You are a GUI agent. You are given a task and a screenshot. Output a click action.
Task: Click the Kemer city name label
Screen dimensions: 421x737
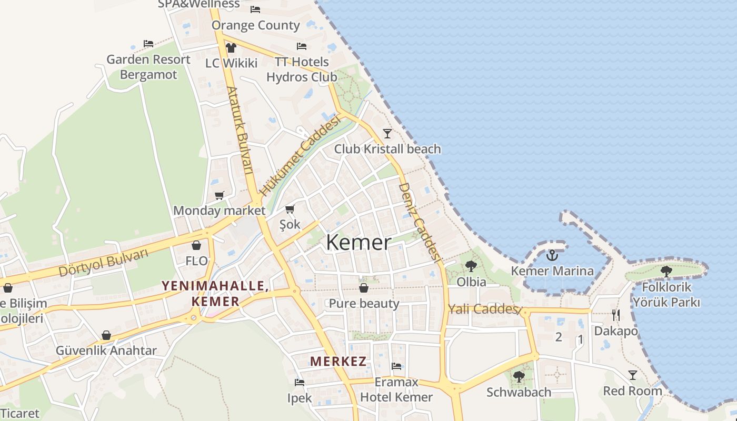click(358, 243)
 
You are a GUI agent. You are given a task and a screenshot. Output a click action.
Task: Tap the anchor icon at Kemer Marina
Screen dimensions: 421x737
click(552, 256)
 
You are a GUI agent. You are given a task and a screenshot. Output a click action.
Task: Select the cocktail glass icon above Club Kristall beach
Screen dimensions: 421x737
click(387, 133)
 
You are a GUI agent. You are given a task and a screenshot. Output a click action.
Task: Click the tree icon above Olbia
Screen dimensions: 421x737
click(471, 266)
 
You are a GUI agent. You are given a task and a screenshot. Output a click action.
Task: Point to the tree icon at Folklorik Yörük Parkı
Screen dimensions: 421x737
click(666, 272)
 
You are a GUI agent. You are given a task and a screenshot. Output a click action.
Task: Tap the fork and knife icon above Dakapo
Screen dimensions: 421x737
click(616, 315)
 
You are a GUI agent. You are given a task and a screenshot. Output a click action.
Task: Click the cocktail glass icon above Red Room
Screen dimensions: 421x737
click(633, 375)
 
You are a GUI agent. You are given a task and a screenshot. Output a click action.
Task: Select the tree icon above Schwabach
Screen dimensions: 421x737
click(519, 376)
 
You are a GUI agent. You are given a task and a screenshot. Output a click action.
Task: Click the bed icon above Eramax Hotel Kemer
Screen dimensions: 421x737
click(396, 366)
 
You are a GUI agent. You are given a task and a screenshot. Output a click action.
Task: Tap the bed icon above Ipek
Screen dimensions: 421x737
click(300, 383)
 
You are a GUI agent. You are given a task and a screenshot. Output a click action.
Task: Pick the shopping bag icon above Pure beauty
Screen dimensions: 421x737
click(364, 288)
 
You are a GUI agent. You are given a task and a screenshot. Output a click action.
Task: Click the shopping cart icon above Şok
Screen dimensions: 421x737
click(290, 209)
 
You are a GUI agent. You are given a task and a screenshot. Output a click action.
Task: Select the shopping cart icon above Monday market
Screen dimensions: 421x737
click(220, 195)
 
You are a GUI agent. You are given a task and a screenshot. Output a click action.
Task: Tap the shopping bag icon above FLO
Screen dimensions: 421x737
click(196, 245)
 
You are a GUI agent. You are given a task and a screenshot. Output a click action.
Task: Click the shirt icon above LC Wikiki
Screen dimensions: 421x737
click(231, 48)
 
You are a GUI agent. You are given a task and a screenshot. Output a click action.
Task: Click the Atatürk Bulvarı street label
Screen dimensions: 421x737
click(240, 131)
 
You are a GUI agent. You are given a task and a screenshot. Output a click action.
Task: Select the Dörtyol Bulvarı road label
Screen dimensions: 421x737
click(103, 263)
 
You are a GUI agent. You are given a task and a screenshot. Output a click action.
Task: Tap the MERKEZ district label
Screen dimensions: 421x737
click(338, 362)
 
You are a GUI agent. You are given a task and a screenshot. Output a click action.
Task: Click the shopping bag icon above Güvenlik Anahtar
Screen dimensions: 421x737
click(106, 335)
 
